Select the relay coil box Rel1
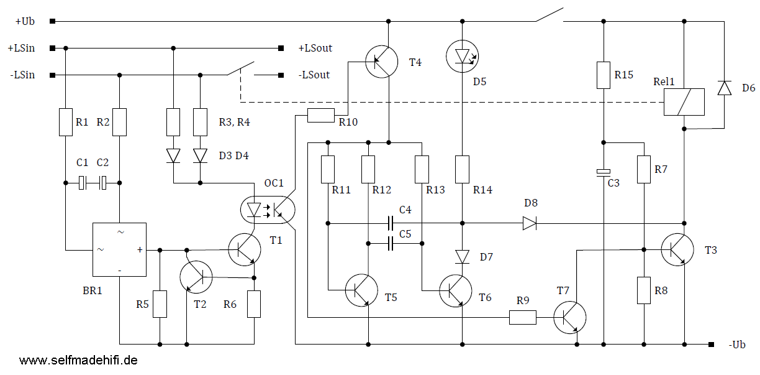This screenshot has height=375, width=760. coord(684,102)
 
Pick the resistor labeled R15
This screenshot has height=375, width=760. coord(604,75)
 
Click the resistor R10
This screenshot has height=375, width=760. coord(321,115)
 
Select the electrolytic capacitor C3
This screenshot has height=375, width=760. coord(604,173)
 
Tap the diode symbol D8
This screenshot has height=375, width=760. coord(530,223)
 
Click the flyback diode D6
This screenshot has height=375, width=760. coord(725,88)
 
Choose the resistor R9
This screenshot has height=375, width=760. coord(523,318)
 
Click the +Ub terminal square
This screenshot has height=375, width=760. coord(53,21)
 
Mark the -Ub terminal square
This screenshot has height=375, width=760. coord(711,345)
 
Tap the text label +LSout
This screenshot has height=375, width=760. coord(315,49)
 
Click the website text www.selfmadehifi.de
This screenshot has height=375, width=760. coord(78,361)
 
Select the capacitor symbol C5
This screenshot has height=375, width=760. coord(390,244)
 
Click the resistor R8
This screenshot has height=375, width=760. coord(644,290)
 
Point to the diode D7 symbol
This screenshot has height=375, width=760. coord(462,257)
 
